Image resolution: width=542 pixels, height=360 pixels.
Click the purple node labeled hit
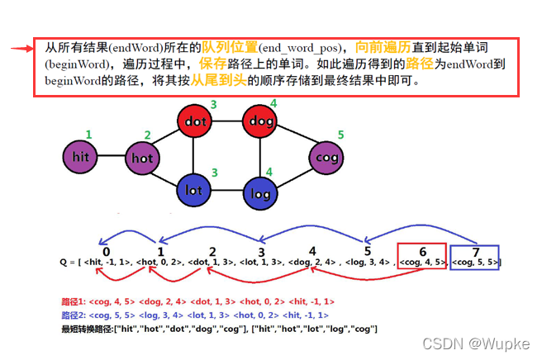pyautogui.click(x=81, y=155)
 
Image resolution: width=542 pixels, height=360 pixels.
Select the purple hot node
pyautogui.click(x=143, y=156)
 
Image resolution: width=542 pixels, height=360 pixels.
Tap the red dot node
pyautogui.click(x=194, y=121)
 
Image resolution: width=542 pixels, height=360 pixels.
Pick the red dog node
pyautogui.click(x=260, y=122)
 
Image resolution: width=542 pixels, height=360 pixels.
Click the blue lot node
pyautogui.click(x=194, y=190)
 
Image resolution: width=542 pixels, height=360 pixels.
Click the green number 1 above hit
pyautogui.click(x=88, y=134)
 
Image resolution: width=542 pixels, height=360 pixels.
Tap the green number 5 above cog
pyautogui.click(x=340, y=134)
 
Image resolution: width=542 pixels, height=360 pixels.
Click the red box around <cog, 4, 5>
pyautogui.click(x=421, y=257)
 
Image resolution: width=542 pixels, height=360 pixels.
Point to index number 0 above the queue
pyautogui.click(x=106, y=251)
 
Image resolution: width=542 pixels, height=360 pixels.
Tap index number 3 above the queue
pyautogui.click(x=261, y=252)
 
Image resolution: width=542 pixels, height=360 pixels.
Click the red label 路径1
pyautogui.click(x=74, y=301)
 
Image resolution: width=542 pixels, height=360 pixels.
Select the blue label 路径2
pyautogui.click(x=74, y=315)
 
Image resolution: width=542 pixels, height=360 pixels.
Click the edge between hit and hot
pyautogui.click(x=112, y=156)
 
